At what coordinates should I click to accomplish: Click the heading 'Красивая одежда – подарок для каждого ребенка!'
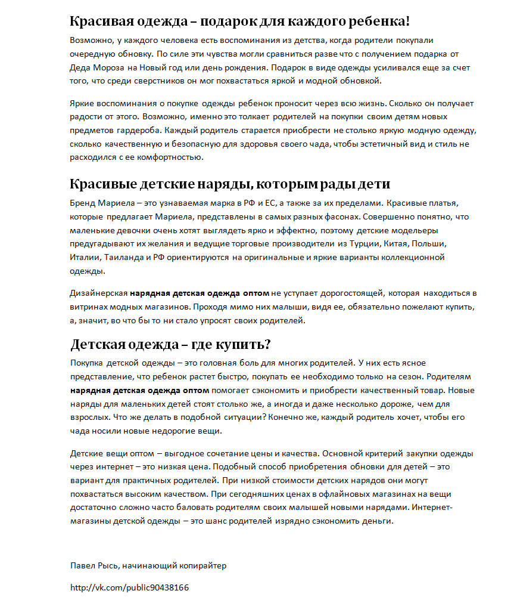click(x=239, y=21)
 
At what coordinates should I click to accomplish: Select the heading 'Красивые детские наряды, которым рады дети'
click(x=230, y=183)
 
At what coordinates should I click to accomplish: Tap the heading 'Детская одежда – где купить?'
click(x=170, y=345)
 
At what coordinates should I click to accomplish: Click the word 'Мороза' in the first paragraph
click(x=108, y=68)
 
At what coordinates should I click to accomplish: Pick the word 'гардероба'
click(x=139, y=130)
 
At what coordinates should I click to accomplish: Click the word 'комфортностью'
click(x=173, y=158)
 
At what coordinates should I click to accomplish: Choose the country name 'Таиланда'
click(x=123, y=258)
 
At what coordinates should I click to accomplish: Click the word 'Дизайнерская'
click(x=98, y=293)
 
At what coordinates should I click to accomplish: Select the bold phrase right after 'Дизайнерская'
click(x=200, y=293)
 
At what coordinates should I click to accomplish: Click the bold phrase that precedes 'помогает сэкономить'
click(x=139, y=391)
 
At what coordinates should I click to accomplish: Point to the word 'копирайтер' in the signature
click(x=204, y=565)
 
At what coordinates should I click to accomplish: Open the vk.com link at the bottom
click(x=129, y=588)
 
